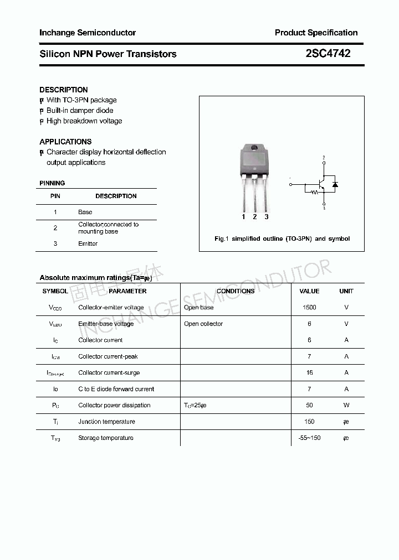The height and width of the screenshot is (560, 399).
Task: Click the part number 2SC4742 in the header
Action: pos(328,54)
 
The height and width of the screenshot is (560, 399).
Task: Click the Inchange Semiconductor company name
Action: pos(88,33)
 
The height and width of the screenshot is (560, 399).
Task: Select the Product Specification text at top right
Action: pos(316,33)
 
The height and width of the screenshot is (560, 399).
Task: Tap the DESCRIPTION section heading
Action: pos(64,90)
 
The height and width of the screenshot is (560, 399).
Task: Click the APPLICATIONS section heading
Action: pos(65,142)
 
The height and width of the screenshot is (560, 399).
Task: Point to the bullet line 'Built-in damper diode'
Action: pos(79,111)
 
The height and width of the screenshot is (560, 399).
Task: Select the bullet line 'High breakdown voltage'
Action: pos(84,121)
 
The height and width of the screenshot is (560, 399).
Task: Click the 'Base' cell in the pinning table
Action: pos(85,212)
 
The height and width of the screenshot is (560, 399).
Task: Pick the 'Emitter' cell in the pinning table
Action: pos(88,243)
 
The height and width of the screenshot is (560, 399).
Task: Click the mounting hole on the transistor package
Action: pos(254,148)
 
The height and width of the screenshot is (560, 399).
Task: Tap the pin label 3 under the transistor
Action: pos(267,217)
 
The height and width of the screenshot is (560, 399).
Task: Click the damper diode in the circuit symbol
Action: pos(335,184)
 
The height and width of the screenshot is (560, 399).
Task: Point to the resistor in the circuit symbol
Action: pos(315,193)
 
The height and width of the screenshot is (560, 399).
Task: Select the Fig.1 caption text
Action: pos(282,238)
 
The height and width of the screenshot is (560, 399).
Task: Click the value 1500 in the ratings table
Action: pos(309,308)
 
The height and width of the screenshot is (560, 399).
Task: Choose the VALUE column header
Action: pos(309,291)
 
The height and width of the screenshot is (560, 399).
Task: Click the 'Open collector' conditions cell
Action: pos(203,324)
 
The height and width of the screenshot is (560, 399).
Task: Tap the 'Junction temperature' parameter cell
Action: pos(106,422)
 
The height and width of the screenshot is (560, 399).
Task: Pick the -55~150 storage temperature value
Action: pos(309,438)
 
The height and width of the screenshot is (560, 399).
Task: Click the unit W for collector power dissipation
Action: pos(346,406)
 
